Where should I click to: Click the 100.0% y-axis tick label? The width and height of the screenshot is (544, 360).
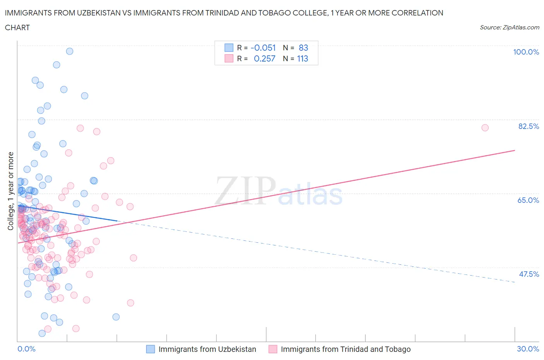[x=526, y=52]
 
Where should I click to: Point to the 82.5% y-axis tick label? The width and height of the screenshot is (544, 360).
[x=528, y=126]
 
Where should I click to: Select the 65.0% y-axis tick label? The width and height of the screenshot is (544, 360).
[x=528, y=200]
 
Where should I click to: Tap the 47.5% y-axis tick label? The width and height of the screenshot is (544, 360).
[x=529, y=274]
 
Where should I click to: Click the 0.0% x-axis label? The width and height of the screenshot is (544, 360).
[x=26, y=349]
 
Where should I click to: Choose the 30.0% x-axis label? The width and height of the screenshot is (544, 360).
[x=528, y=349]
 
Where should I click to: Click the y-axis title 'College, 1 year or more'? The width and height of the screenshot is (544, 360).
[x=11, y=191]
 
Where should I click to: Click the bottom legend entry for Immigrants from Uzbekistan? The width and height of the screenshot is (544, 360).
[x=201, y=349]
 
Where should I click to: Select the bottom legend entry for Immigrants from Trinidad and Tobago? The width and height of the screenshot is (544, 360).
[x=339, y=349]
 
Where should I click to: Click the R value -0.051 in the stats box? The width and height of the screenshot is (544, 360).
[x=263, y=48]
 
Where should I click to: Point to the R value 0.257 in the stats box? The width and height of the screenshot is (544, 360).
[x=265, y=58]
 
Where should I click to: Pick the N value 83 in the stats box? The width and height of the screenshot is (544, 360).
[x=303, y=48]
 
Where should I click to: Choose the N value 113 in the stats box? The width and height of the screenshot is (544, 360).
[x=303, y=58]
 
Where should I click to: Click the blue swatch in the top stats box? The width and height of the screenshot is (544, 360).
[x=229, y=48]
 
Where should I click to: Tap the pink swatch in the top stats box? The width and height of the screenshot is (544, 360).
[x=229, y=58]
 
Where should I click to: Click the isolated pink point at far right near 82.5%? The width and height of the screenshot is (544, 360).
[x=485, y=128]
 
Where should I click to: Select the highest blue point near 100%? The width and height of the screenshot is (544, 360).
[x=70, y=51]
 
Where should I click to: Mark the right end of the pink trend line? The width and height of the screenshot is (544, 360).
[x=515, y=150]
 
